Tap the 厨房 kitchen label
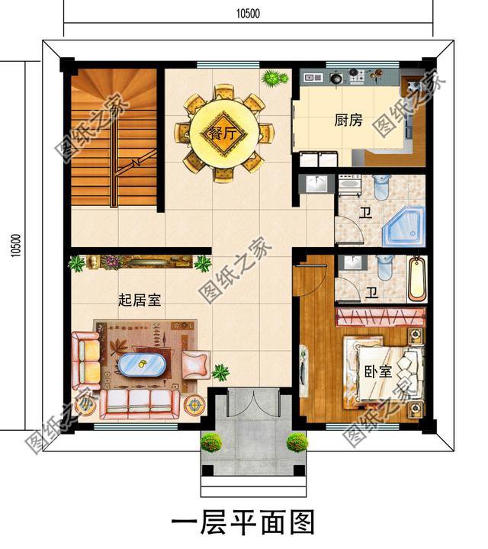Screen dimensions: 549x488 click(x=348, y=120)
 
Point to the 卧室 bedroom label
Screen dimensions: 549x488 click(x=377, y=372)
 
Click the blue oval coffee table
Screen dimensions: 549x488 click(x=141, y=365)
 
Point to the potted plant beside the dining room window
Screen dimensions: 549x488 click(x=273, y=77)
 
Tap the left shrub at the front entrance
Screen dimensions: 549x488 click(x=210, y=441)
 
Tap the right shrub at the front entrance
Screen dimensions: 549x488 click(x=295, y=441)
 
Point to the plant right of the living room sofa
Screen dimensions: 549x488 click(x=221, y=373)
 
